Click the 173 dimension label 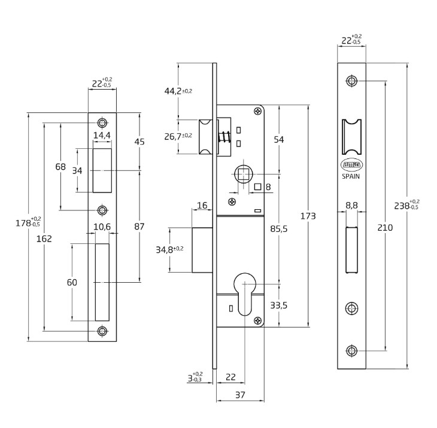(x=308, y=216)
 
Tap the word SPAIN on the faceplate (x=351, y=176)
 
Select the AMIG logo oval (x=351, y=165)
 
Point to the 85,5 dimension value (x=279, y=228)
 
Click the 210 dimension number (x=385, y=227)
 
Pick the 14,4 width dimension (x=102, y=135)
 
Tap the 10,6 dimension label (x=102, y=227)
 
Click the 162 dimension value (x=44, y=239)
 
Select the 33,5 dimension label (x=279, y=305)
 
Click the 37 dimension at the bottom (x=240, y=395)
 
